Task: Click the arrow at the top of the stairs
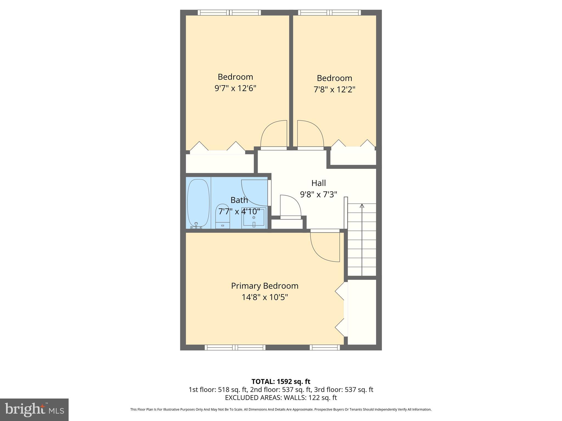[362, 206]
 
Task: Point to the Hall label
[319, 183]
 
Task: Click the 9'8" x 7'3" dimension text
[319, 194]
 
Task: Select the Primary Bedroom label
[265, 286]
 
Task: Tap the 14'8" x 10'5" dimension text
[265, 297]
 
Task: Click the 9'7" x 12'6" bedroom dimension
[235, 88]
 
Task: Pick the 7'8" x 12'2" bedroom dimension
[334, 90]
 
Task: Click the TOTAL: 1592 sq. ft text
[281, 382]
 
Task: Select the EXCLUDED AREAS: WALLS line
[281, 397]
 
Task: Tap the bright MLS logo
[34, 409]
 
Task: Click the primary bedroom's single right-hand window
[325, 348]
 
